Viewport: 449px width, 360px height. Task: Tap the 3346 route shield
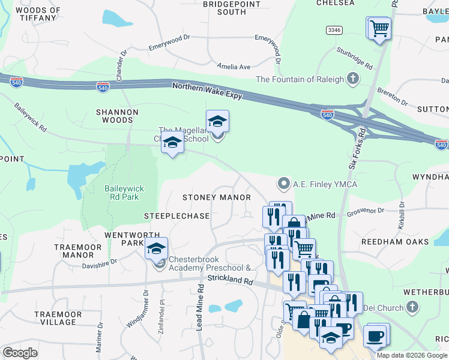click(x=335, y=30)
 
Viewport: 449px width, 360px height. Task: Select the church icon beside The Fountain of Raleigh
click(x=354, y=79)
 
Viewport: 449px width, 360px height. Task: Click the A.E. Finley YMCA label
click(x=324, y=184)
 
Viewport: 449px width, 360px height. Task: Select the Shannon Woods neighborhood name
click(x=118, y=116)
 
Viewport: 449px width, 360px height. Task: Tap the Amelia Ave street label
click(x=234, y=67)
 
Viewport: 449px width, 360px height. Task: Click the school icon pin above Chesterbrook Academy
click(x=156, y=248)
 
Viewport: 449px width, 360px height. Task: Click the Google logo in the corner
click(x=20, y=353)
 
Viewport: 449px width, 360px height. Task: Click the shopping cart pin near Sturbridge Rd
click(x=378, y=28)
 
